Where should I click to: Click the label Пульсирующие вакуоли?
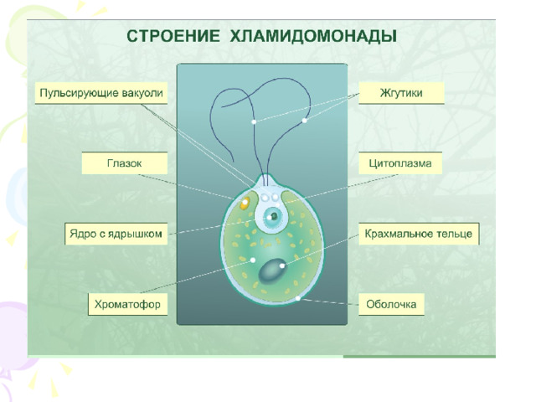tap(101, 93)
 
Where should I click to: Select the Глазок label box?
tap(125, 163)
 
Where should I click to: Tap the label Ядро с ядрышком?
tap(116, 234)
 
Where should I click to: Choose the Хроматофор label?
tap(127, 304)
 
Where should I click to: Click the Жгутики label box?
tap(401, 93)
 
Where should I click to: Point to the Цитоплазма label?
tap(400, 163)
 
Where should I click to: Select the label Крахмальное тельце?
tap(419, 234)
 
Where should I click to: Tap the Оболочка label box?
tap(391, 304)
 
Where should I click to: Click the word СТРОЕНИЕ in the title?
tap(173, 36)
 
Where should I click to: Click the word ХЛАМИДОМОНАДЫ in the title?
tap(313, 36)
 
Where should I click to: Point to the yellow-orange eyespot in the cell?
tap(245, 203)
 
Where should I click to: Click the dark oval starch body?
tap(272, 271)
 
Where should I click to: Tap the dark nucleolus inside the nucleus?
tap(274, 216)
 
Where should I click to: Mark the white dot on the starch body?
tap(282, 265)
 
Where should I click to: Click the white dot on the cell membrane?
tap(298, 298)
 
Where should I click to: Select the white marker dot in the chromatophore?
tap(253, 260)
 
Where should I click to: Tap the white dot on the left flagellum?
tap(254, 121)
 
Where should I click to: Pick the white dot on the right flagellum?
tap(304, 121)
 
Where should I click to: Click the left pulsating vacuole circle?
tap(265, 198)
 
